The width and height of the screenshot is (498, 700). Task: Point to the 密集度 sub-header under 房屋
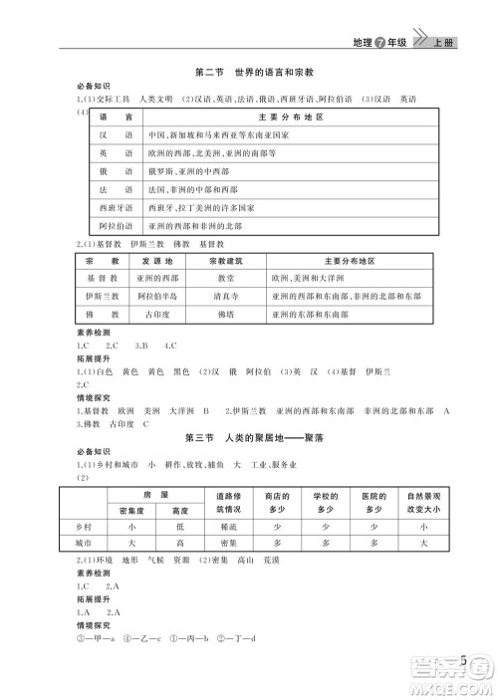(x=130, y=508)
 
